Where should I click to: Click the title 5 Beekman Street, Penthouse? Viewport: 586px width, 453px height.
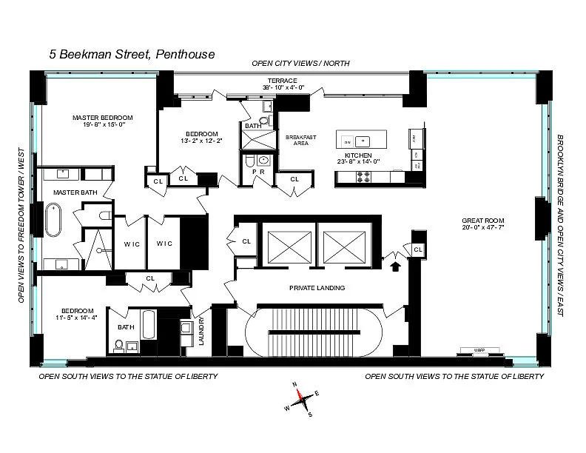click(132, 54)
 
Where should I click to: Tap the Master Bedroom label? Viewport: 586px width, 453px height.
click(102, 118)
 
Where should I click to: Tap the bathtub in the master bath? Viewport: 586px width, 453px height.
click(54, 220)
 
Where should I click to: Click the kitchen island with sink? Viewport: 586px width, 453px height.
click(363, 139)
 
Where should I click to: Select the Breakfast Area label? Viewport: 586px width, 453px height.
click(297, 140)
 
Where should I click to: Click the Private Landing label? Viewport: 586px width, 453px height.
click(317, 288)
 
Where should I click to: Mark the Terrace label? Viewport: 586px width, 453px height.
click(283, 80)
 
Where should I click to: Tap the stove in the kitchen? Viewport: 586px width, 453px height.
click(363, 177)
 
